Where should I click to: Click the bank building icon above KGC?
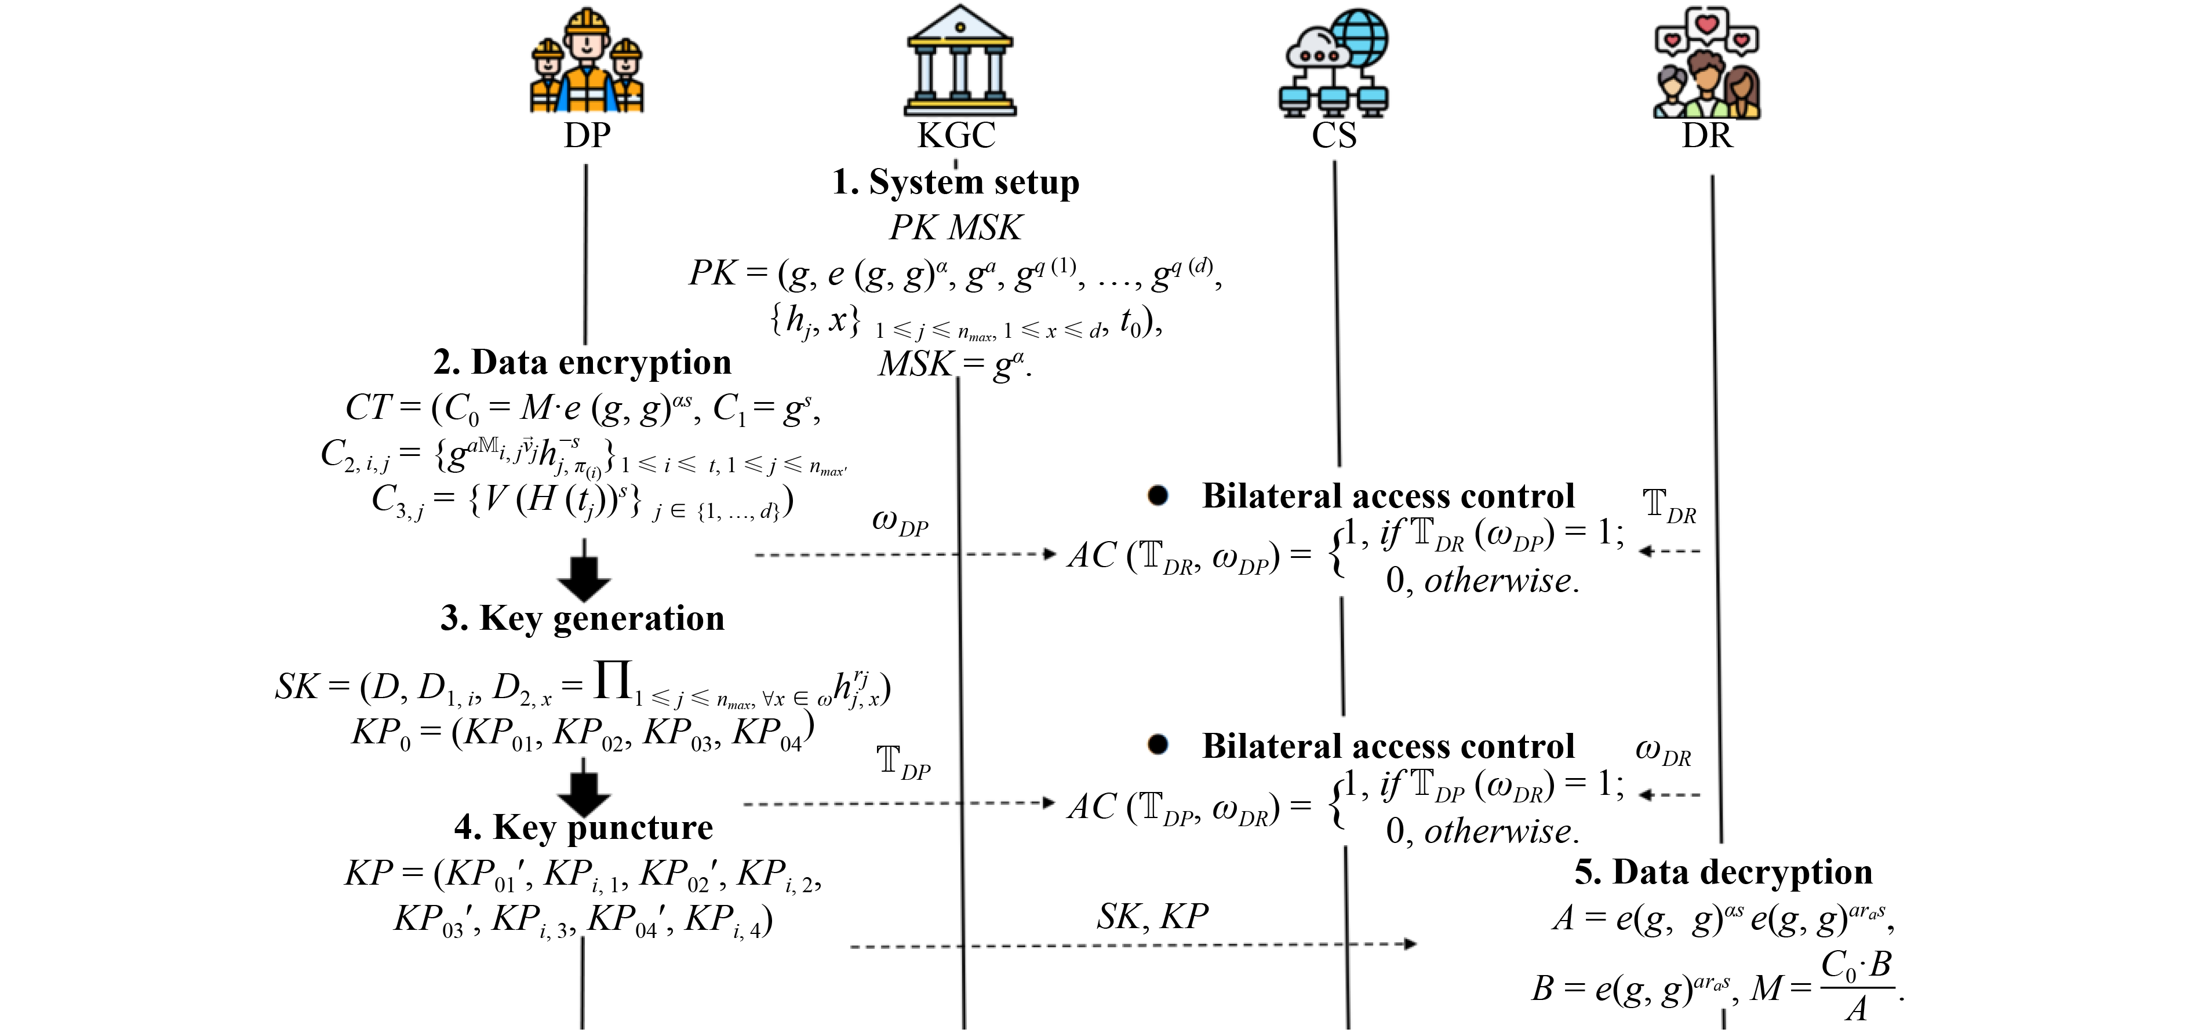point(959,61)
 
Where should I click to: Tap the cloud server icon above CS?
point(1334,63)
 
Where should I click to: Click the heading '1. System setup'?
point(956,182)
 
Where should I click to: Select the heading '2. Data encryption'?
point(583,362)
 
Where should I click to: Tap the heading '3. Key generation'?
point(583,618)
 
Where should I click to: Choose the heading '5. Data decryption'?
point(1723,873)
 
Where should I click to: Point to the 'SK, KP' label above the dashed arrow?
point(1152,917)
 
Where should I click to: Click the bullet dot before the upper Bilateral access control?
point(1158,496)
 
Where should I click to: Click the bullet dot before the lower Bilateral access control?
point(1158,745)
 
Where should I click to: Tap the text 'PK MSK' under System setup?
point(956,228)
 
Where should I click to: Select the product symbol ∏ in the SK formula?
point(613,680)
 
